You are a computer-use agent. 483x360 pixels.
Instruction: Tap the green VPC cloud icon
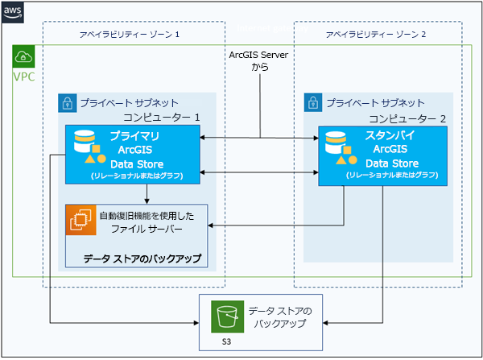24,57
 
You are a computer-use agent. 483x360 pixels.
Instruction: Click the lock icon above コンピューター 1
68,103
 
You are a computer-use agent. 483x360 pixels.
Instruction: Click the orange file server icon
81,221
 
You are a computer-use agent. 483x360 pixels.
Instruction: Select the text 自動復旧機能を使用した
147,215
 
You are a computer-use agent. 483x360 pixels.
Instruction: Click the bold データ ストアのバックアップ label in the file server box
142,259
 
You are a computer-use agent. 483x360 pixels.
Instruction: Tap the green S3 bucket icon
225,316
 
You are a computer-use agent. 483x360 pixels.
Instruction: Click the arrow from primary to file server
147,194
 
